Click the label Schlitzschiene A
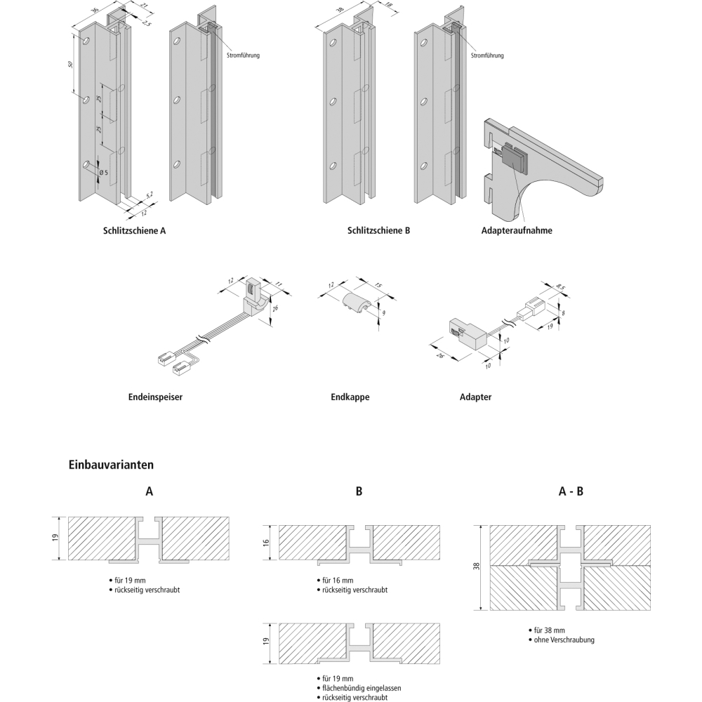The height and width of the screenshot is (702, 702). (134, 230)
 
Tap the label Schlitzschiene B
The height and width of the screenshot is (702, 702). (378, 230)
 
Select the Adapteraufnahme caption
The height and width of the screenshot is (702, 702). (517, 230)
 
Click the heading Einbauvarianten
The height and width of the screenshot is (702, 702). (111, 464)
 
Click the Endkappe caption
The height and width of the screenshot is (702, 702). (350, 397)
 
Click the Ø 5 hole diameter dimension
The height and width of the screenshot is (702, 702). (102, 172)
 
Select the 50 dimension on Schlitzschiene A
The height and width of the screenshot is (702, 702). (71, 65)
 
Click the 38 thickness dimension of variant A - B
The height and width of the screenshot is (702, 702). (475, 567)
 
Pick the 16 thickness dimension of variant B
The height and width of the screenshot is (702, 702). (266, 543)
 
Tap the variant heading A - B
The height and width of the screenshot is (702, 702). (571, 492)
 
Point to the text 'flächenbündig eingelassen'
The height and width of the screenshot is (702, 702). (362, 689)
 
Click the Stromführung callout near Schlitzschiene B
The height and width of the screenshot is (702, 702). (487, 55)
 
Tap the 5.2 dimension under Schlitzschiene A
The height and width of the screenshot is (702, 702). (149, 194)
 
